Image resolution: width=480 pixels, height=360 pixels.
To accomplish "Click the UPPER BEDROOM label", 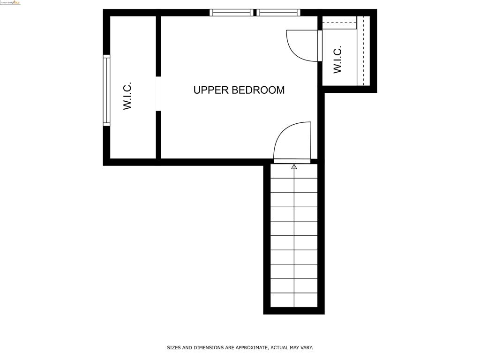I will (x=239, y=90).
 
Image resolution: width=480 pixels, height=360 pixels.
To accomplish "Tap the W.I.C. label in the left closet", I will (x=127, y=96).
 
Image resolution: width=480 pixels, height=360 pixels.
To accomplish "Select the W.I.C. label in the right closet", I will (x=337, y=60).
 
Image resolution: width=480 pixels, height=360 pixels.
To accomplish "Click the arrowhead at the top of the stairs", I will (x=294, y=166).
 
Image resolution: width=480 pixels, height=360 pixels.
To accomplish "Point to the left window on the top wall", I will (x=231, y=13).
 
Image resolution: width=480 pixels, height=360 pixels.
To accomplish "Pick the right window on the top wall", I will (x=278, y=13).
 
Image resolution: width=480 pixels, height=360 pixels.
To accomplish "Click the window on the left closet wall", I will (x=106, y=90).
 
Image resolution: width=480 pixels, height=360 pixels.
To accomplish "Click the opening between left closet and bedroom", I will (x=158, y=94).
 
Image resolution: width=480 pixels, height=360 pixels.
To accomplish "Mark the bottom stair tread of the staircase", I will (x=294, y=300).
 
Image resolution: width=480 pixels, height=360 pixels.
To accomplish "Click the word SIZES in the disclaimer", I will (x=173, y=348).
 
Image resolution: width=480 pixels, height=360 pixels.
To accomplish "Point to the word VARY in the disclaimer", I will (x=306, y=348).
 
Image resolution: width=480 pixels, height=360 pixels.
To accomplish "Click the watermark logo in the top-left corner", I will (x=10, y=2).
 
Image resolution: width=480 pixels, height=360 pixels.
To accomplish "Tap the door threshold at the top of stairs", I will (x=292, y=161).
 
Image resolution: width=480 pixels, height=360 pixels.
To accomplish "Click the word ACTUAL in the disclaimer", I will (x=280, y=348).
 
